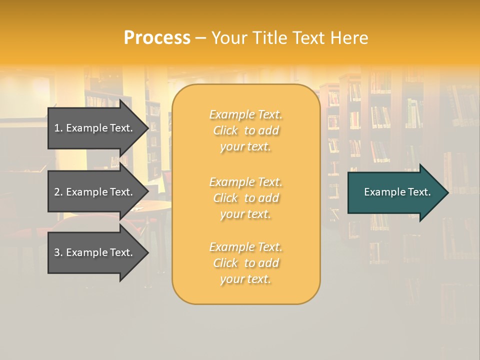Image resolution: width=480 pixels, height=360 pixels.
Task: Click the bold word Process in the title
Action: tap(157, 38)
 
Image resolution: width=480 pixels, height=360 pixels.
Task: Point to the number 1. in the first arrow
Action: tap(58, 128)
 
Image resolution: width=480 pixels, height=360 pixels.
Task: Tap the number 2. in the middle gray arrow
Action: tap(58, 192)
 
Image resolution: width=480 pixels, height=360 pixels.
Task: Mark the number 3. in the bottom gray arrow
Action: tap(58, 252)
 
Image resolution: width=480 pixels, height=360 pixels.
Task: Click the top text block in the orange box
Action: tap(245, 130)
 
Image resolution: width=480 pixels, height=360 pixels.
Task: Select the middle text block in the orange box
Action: tap(245, 198)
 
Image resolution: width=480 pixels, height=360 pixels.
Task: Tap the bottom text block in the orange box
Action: tap(245, 263)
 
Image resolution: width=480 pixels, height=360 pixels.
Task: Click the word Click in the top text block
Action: tap(225, 130)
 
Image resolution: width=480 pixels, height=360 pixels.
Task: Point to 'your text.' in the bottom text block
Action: tap(245, 279)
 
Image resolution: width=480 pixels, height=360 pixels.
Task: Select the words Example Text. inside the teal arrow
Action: tap(397, 192)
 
